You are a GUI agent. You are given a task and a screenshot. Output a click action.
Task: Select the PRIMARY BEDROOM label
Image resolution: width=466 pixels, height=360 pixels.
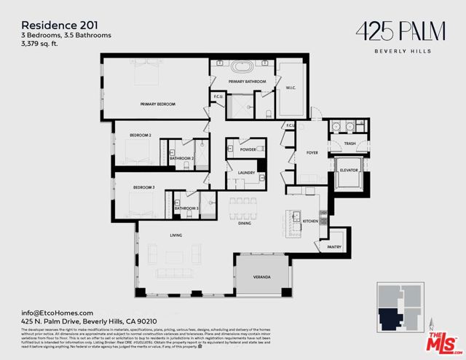(x=158, y=104)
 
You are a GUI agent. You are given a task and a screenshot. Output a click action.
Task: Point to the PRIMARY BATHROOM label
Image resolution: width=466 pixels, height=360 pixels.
(x=243, y=82)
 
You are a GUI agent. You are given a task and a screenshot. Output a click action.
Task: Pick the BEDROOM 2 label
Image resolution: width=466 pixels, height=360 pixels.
(x=141, y=136)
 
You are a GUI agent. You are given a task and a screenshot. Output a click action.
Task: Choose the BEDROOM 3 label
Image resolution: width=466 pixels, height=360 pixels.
(x=143, y=187)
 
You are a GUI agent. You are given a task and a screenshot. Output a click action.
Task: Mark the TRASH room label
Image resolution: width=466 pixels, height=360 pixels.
(x=350, y=144)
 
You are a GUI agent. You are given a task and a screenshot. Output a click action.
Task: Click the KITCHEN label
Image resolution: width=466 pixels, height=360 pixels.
(x=310, y=220)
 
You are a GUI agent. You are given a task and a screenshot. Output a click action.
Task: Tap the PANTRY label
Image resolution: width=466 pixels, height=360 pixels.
(x=334, y=247)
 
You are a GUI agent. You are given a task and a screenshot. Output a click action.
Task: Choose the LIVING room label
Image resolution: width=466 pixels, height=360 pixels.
(x=175, y=235)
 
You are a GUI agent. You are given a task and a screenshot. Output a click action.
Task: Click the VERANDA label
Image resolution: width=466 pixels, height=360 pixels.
(x=261, y=278)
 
